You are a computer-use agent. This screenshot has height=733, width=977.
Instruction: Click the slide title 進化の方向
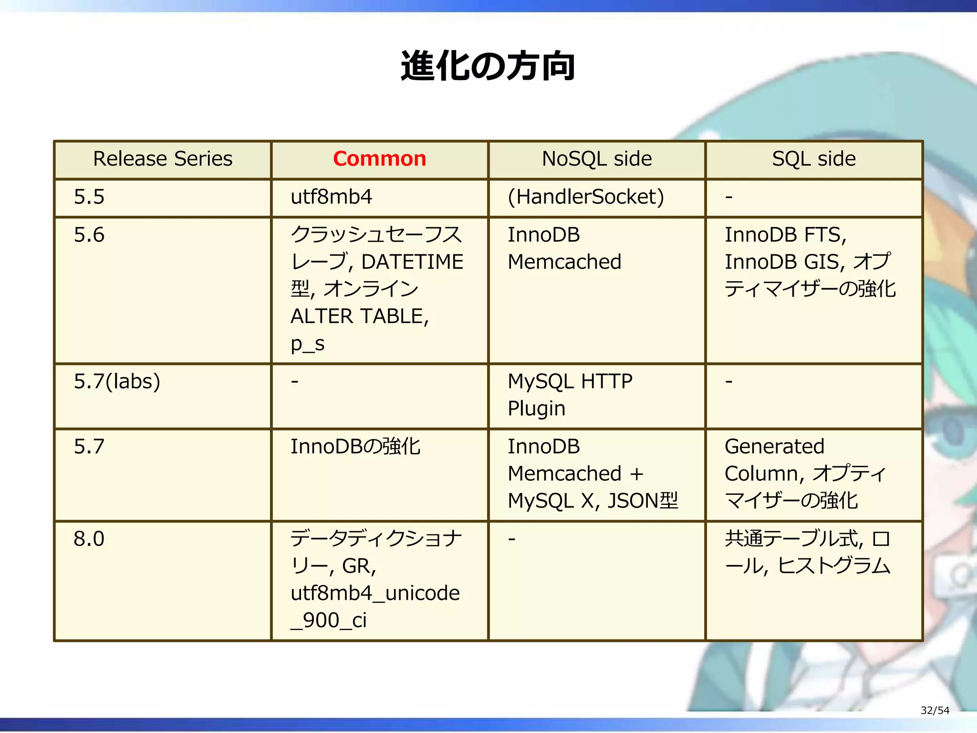point(488,66)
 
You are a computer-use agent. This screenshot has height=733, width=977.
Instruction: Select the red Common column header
point(379,159)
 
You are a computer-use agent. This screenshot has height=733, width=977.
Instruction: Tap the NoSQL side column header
point(596,159)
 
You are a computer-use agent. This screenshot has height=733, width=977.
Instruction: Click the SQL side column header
point(813,159)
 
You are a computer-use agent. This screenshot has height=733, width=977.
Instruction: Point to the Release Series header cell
point(163,159)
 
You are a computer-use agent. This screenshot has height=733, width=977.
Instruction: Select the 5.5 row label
point(89,197)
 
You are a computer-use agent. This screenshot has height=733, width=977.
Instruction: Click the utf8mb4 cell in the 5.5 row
point(331,197)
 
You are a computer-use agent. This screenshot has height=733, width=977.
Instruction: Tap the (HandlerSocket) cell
point(585,197)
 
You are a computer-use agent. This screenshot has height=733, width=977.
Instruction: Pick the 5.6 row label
point(89,235)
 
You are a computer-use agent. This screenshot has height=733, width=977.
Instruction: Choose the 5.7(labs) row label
point(117,382)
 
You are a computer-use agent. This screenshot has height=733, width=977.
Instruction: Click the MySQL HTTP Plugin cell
point(570,395)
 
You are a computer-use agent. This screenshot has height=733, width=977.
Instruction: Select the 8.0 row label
point(89,539)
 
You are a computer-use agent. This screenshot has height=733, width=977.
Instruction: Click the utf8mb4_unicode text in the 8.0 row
point(375,593)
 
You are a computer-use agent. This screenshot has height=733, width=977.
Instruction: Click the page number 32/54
point(935,711)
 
